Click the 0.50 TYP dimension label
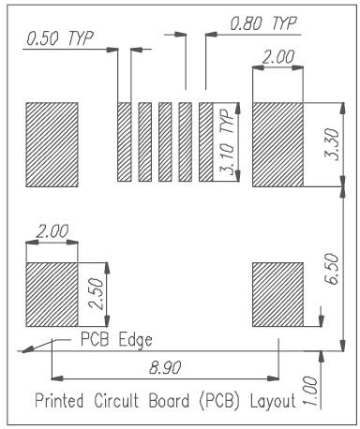[x=60, y=38]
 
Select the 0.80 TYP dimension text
[x=263, y=23]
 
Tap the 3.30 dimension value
[x=332, y=144]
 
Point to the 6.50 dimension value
[x=332, y=269]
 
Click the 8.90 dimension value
[x=165, y=367]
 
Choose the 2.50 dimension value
[x=96, y=294]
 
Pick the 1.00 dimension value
[x=310, y=391]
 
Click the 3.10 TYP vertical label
[x=227, y=141]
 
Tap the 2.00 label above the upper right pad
[x=277, y=57]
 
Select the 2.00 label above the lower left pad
[x=52, y=231]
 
